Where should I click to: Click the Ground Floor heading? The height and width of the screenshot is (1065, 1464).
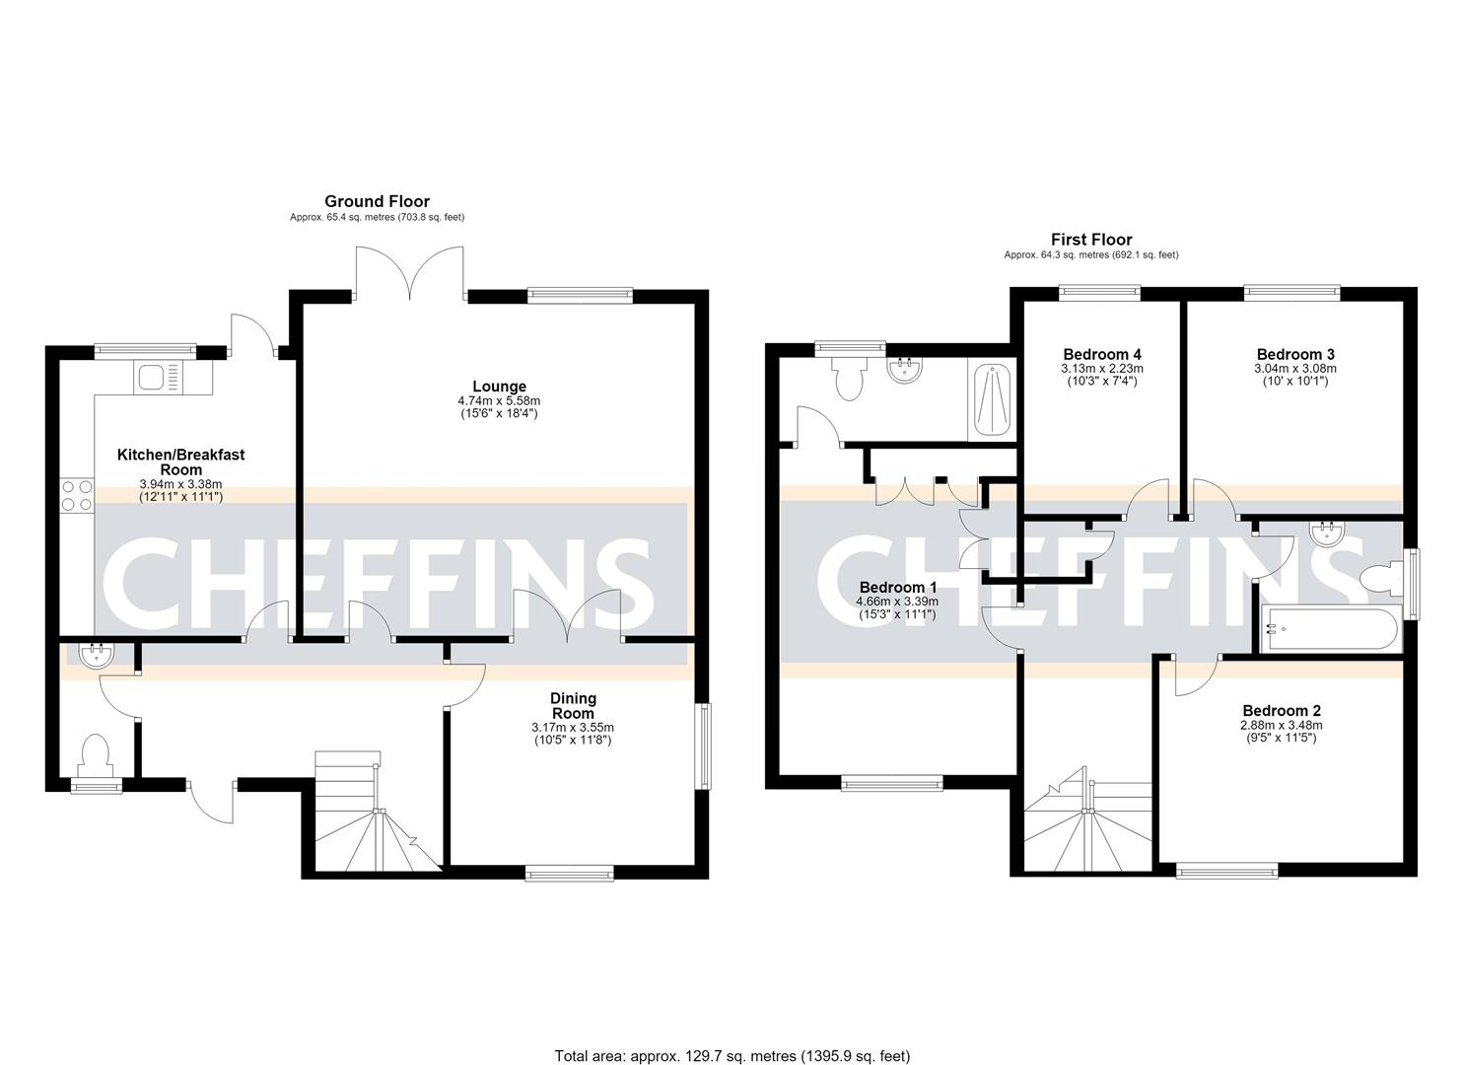(x=378, y=201)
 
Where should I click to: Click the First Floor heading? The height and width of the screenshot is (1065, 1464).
(x=1091, y=240)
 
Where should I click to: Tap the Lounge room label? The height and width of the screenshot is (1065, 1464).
(x=499, y=387)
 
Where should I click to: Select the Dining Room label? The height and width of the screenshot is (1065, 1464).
(x=573, y=706)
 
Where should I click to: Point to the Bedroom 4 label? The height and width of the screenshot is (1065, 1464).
(x=1102, y=354)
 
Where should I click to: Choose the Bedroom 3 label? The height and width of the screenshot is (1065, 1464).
(x=1295, y=354)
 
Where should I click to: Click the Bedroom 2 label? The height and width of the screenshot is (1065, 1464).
(x=1282, y=711)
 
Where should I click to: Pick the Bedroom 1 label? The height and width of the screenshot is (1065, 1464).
(x=898, y=587)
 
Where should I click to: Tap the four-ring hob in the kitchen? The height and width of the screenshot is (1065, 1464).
(x=77, y=496)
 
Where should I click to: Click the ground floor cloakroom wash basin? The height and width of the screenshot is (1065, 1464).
(x=97, y=656)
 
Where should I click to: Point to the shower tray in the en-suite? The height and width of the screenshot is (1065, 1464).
(x=992, y=399)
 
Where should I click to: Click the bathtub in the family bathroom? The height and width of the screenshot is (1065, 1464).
(x=1329, y=629)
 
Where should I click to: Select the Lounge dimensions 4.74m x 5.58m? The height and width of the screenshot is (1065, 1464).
(x=499, y=400)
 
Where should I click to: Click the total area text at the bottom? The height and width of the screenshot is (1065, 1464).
(x=732, y=1037)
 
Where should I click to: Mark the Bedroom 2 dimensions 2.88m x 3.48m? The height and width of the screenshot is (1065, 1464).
(x=1282, y=725)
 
